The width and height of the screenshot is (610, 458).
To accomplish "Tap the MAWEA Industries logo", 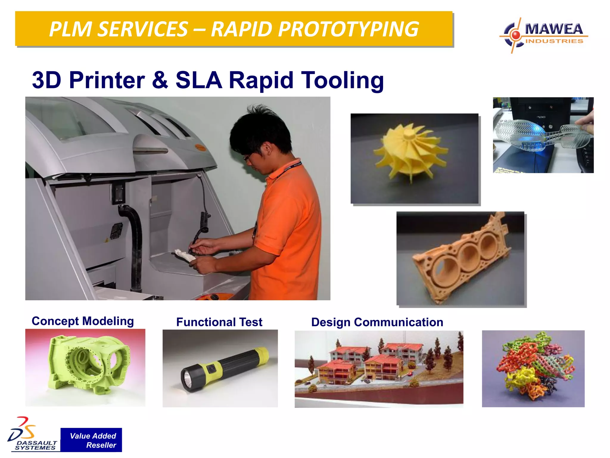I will click(544, 35).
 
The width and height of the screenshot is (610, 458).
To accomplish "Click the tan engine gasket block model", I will click(462, 256).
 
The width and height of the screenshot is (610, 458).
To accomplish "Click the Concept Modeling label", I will click(83, 321).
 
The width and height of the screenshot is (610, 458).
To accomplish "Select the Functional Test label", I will click(219, 322).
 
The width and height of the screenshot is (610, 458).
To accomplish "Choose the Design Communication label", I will click(377, 322).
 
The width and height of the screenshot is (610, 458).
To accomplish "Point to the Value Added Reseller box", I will click(91, 440).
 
